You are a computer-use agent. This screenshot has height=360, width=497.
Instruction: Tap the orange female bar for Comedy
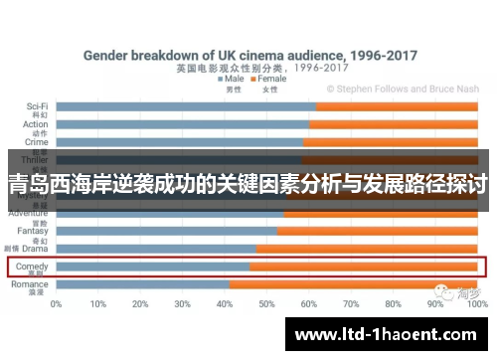coord(363,267)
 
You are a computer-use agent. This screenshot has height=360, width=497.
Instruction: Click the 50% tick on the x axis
coord(266,304)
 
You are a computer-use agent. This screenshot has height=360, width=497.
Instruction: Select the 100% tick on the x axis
coord(475,304)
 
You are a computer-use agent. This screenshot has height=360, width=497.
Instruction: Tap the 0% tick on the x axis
coord(57,304)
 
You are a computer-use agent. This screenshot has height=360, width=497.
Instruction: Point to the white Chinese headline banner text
coord(248,184)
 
